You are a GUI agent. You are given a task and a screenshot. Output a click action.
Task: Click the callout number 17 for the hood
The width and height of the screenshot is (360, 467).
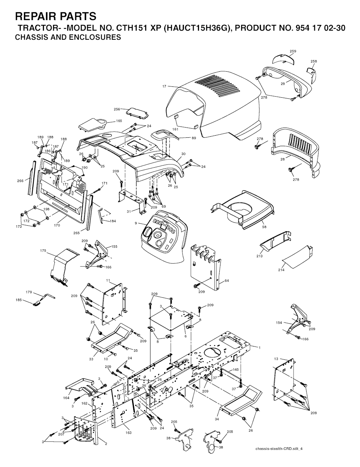click(164, 86)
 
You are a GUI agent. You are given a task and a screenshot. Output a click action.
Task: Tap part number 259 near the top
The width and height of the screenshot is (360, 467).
click(292, 51)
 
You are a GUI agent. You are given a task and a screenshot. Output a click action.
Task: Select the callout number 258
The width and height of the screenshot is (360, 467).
click(314, 61)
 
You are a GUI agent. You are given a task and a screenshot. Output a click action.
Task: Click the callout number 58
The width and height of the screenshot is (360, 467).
click(264, 227)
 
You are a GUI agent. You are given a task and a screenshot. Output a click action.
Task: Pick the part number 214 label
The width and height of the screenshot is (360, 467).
click(281, 270)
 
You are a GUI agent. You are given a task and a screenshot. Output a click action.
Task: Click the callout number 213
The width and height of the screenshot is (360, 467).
click(259, 256)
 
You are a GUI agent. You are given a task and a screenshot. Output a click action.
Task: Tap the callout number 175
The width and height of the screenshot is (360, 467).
click(43, 251)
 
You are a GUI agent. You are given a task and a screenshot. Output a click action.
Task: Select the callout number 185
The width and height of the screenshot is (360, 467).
click(19, 300)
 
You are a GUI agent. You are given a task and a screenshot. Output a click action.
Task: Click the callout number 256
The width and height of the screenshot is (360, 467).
click(117, 109)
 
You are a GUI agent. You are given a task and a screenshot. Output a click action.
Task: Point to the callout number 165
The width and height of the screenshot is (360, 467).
click(119, 121)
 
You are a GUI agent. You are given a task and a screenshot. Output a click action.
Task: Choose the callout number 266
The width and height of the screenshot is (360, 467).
click(20, 181)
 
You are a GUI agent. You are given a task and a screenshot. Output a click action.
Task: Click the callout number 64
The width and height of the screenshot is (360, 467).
click(226, 280)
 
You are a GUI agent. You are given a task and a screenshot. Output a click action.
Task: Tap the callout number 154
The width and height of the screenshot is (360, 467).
click(279, 322)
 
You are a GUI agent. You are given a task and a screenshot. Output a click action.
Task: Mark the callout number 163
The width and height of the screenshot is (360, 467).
click(129, 433)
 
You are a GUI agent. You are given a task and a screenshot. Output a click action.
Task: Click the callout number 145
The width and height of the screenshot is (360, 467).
click(236, 370)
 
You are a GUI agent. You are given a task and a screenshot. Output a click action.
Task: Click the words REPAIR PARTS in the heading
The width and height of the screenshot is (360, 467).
click(56, 16)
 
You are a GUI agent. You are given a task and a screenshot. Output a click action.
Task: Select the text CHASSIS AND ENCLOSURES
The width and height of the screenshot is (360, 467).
click(68, 37)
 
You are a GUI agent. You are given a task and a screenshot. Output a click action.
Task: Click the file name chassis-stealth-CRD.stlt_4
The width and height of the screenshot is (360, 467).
click(279, 449)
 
